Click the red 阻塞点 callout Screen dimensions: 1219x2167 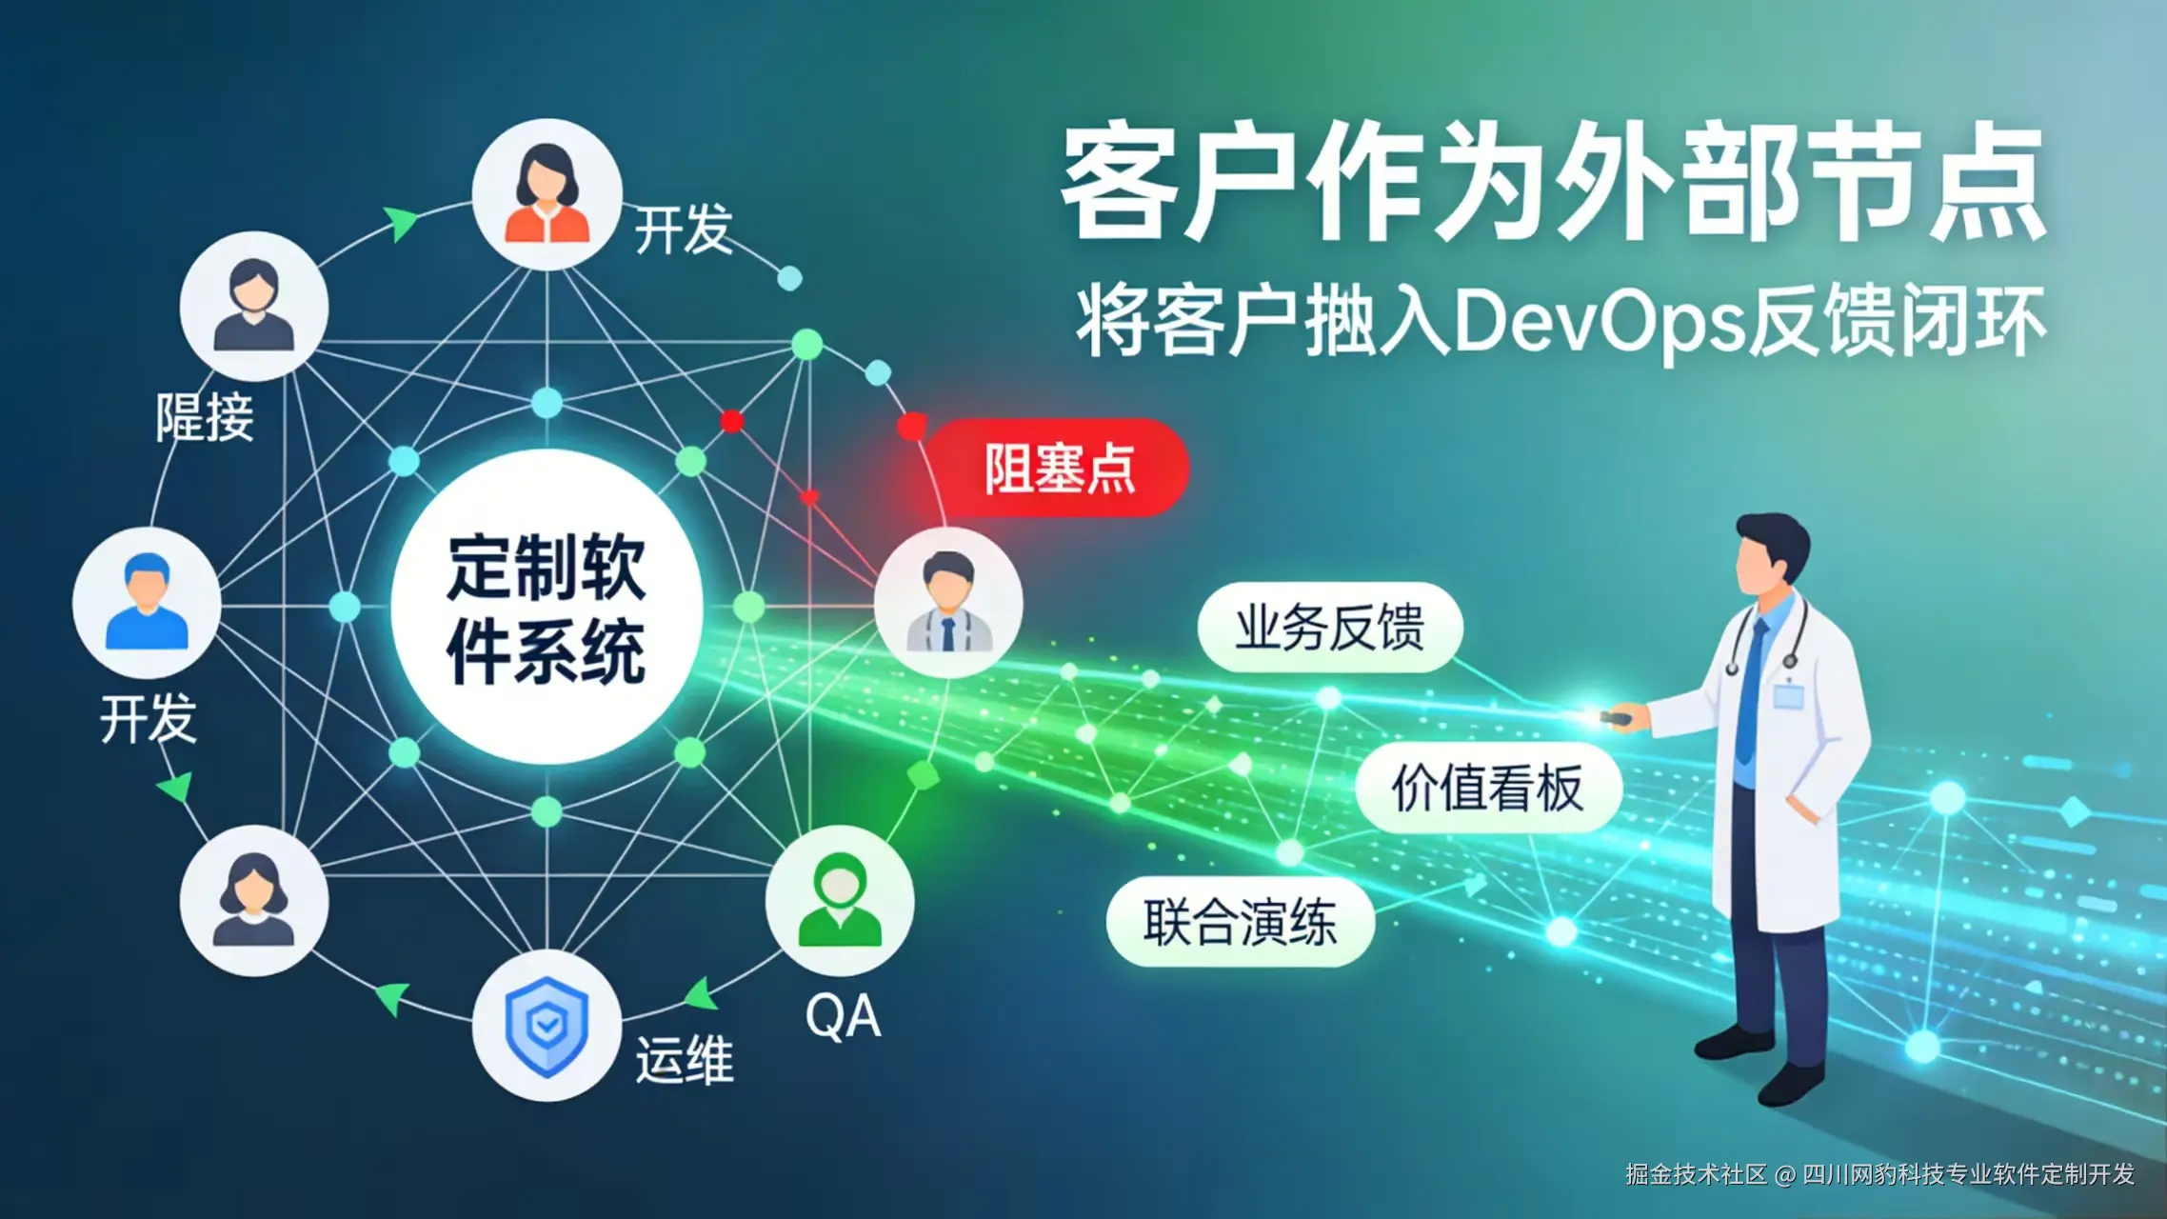(x=1059, y=468)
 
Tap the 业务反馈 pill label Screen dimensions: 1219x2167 (x=1329, y=628)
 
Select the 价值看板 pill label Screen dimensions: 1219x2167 (x=1487, y=788)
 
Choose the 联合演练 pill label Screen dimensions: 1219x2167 (x=1240, y=922)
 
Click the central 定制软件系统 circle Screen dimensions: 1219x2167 (x=547, y=608)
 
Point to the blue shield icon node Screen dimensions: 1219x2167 (x=547, y=1026)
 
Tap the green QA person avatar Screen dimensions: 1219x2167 (x=840, y=901)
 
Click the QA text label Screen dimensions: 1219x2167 (x=843, y=1017)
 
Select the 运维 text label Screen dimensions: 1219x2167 (x=685, y=1060)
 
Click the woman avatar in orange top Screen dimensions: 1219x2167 (x=547, y=194)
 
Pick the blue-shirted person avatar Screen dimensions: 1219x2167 (x=147, y=602)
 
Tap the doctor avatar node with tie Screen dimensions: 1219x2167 (x=948, y=603)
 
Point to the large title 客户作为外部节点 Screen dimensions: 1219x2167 (x=1554, y=181)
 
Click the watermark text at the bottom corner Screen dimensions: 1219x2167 (x=1879, y=1174)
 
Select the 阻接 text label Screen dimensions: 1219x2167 (x=205, y=417)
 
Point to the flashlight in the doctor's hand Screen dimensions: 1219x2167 (x=1613, y=715)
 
